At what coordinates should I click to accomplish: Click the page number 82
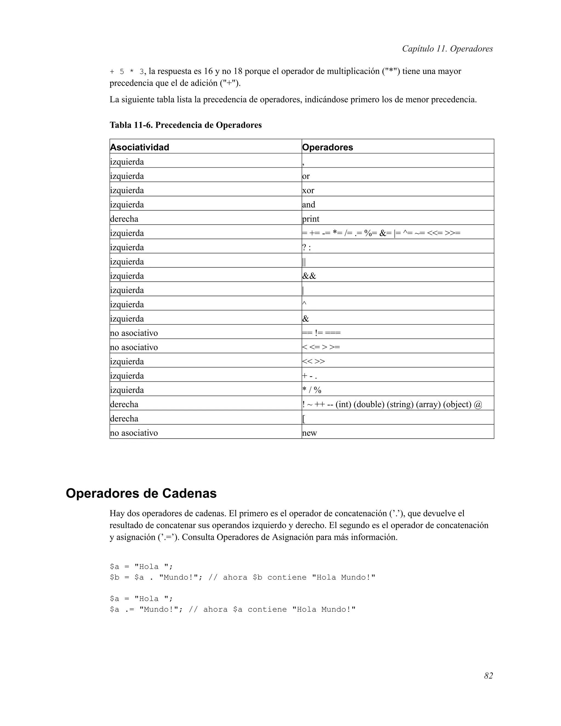coord(488,676)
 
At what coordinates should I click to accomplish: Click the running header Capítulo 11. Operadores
coord(447,48)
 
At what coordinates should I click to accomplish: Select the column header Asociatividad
coord(140,147)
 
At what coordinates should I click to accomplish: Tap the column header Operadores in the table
coord(327,147)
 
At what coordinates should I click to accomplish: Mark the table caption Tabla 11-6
coord(185,125)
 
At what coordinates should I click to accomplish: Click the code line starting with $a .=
coord(233,609)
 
